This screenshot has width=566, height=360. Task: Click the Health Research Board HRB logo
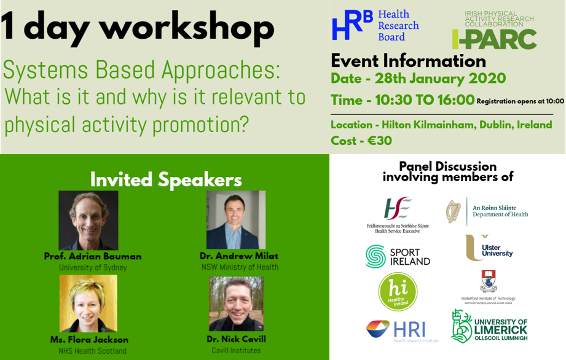(375, 26)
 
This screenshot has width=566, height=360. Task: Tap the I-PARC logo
(495, 30)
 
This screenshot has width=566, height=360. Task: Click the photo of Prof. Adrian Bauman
(88, 221)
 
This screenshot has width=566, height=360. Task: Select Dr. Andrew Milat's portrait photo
(236, 220)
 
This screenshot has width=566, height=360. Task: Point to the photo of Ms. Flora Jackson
(88, 303)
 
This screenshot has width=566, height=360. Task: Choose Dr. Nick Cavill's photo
(237, 303)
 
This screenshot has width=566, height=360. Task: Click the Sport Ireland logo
(398, 256)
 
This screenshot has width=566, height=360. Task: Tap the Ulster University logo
(489, 248)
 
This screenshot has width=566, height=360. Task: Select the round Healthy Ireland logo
(398, 292)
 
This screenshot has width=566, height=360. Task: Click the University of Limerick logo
(489, 326)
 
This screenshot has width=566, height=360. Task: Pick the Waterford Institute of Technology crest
(489, 281)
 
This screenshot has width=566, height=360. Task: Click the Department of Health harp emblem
(454, 211)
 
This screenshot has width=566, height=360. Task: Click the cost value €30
(379, 141)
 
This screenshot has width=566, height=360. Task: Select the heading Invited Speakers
(166, 179)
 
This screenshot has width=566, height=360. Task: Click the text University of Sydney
(93, 268)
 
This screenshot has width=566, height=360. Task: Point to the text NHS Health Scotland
(92, 351)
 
